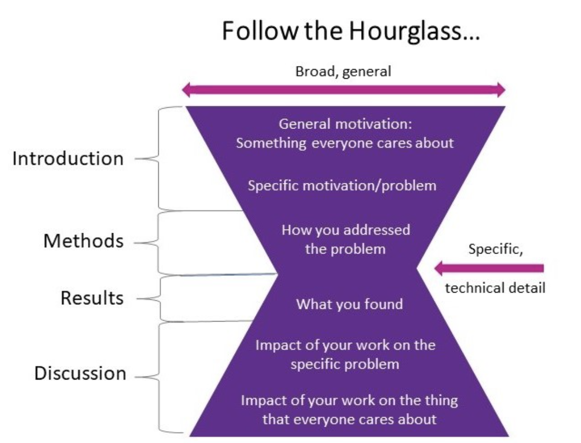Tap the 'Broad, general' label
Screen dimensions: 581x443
[x=343, y=72]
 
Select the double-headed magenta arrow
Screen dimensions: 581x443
[x=344, y=90]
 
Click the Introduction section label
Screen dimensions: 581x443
[x=68, y=159]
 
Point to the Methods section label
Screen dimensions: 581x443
[x=83, y=241]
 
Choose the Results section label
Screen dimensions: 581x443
[x=92, y=298]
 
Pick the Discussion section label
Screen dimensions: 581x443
[x=80, y=373]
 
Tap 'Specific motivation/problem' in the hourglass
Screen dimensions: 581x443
[x=342, y=185]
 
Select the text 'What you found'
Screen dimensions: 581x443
[x=350, y=304]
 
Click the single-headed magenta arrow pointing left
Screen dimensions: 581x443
[x=489, y=268]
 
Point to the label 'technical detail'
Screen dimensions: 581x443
[x=495, y=288]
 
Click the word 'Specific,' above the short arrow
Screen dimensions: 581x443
[x=495, y=250]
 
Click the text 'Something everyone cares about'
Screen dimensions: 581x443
[x=344, y=143]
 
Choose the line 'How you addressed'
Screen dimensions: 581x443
[x=346, y=230]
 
